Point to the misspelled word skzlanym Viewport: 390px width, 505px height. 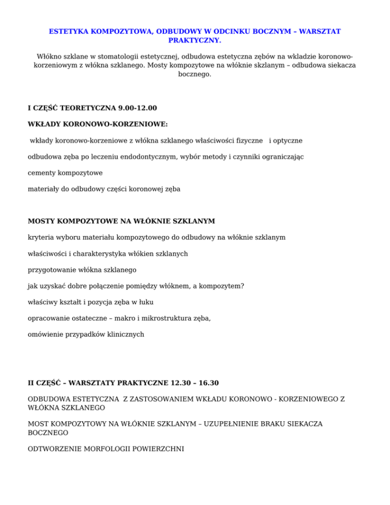pos(253,66)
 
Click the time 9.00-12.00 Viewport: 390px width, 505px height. pos(138,108)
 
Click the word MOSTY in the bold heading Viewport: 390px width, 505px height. pos(42,221)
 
